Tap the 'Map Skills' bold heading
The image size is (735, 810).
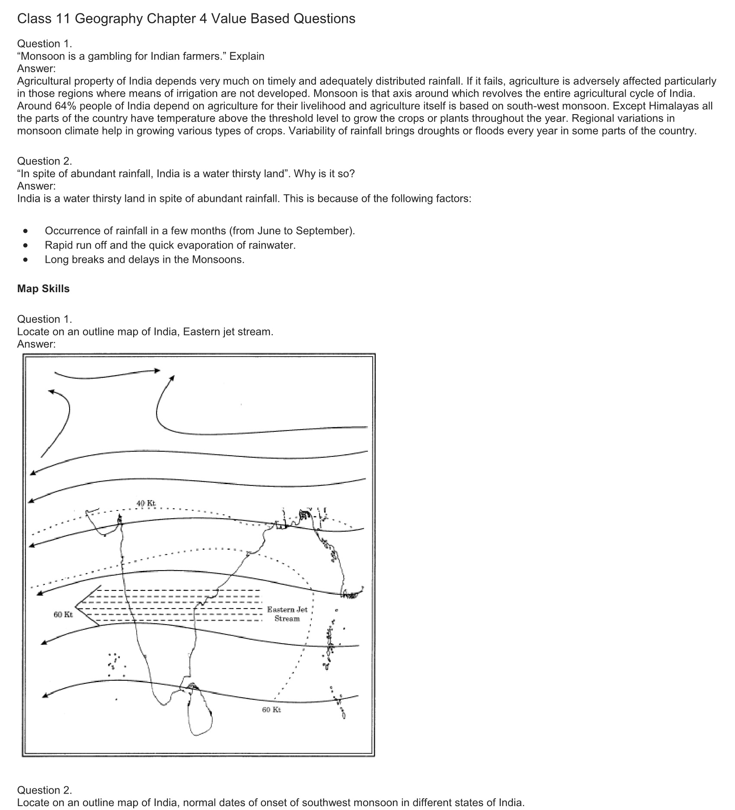click(x=43, y=289)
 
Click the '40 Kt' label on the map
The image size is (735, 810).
click(x=146, y=503)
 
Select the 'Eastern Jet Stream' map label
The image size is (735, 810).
click(x=287, y=614)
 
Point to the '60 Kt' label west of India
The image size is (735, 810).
click(x=63, y=614)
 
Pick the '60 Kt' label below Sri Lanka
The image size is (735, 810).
click(x=272, y=709)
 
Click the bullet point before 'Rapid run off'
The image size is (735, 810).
click(x=27, y=246)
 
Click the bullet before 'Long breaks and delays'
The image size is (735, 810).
click(x=27, y=260)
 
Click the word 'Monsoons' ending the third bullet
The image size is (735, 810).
click(x=217, y=260)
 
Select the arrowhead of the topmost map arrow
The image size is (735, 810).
click(x=157, y=370)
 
